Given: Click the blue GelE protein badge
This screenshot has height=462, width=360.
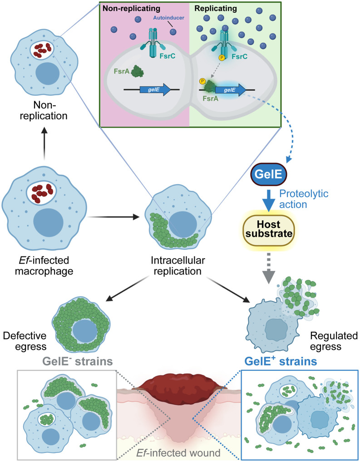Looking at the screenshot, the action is coord(269,174).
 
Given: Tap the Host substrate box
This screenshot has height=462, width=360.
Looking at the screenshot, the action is coord(269,229).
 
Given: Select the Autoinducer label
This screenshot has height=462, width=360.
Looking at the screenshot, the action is coord(168,18).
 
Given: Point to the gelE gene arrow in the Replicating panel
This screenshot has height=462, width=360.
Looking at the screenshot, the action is coord(231,90).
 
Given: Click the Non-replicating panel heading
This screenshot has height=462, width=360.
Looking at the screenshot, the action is coord(132,8).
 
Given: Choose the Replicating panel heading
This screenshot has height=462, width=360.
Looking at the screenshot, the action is coord(216,8).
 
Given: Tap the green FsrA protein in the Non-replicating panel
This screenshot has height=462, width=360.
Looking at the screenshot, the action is coord(137,71).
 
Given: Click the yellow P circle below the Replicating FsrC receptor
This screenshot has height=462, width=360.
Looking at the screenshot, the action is coord(222,58).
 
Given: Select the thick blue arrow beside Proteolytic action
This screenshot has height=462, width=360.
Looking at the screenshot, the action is coord(269,200).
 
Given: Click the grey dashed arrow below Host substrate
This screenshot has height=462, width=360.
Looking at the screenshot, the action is coord(268,268).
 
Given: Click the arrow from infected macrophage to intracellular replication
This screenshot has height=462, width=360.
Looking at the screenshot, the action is coord(113,217).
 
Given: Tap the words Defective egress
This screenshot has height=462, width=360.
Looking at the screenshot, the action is coord(25,341).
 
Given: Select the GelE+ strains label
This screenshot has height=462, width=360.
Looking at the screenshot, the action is coord(281,361).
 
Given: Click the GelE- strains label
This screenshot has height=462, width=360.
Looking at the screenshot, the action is coord(78,361).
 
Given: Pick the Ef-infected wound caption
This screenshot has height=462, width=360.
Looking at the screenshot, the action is coord(178,452).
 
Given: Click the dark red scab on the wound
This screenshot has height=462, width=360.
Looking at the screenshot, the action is coord(180,388).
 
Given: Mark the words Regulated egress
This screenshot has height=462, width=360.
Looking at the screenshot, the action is coord(334,341).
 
